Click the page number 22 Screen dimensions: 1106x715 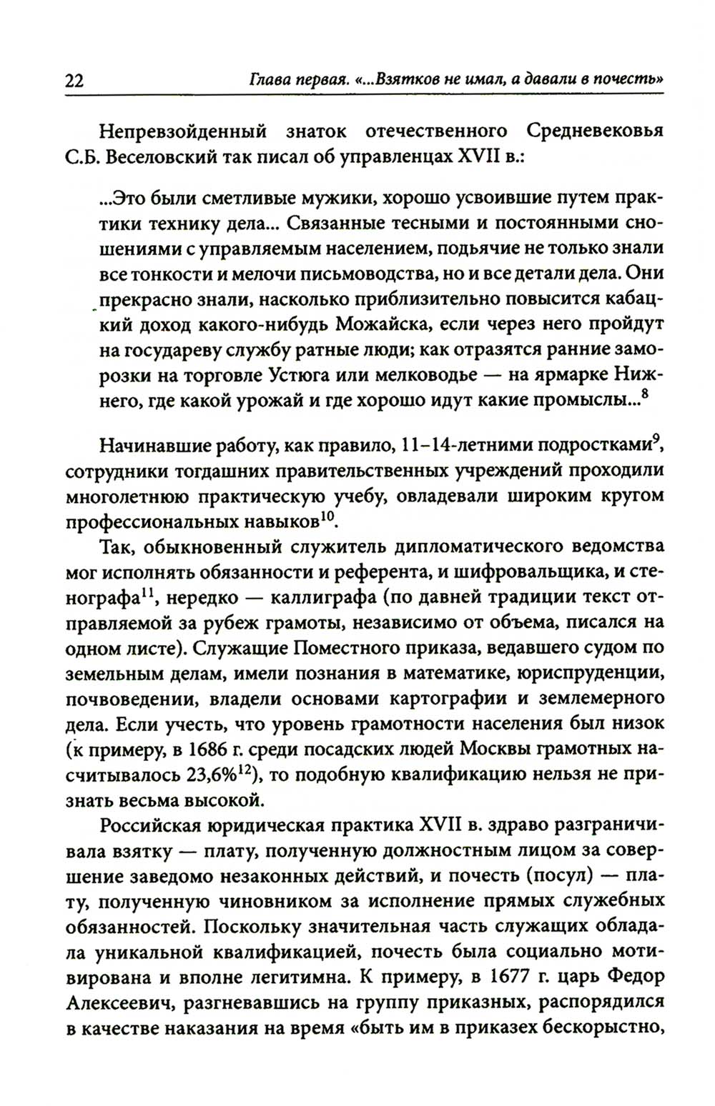pyautogui.click(x=74, y=81)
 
